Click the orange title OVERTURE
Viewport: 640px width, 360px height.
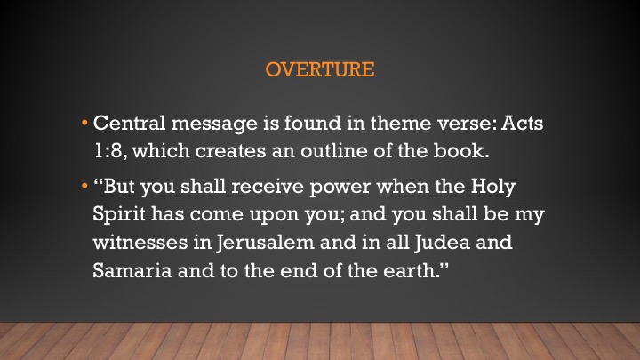320,69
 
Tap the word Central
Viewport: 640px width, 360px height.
129,123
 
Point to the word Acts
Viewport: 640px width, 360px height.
523,123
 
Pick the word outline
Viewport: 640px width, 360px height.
334,150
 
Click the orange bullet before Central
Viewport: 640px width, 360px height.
84,123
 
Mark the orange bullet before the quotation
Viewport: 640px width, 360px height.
84,186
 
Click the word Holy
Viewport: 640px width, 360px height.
493,188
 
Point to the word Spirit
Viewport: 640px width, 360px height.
119,215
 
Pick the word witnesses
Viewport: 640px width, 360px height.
140,242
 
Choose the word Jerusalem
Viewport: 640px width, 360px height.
265,242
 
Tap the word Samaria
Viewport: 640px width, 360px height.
132,270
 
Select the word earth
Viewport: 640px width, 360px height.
410,270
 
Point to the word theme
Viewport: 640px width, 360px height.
401,123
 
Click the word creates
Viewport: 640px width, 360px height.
230,151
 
